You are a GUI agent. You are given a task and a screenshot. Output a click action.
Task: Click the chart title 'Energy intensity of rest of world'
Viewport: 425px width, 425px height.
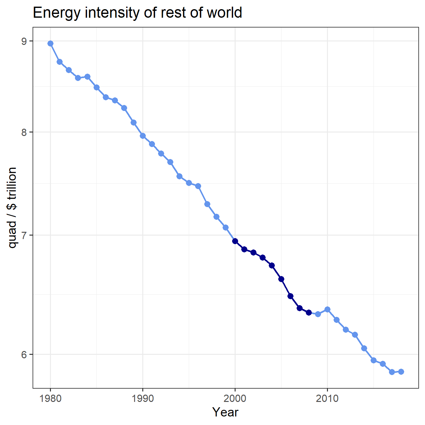[x=137, y=13]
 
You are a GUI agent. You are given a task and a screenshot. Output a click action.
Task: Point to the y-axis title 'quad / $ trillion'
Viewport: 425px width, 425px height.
[x=12, y=208]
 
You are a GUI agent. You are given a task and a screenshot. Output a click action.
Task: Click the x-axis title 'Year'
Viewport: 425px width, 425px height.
[x=225, y=412]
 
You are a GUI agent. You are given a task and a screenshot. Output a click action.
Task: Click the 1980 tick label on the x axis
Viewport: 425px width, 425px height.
[x=50, y=398]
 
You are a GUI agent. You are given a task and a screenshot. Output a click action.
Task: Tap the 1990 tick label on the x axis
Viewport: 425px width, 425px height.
[x=143, y=398]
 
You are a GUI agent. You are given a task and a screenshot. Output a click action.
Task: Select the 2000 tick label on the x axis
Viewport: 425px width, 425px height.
[x=235, y=398]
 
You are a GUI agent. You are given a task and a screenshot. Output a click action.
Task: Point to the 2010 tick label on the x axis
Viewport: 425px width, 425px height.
[x=327, y=398]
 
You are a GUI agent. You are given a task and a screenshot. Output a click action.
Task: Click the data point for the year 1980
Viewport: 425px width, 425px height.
[x=50, y=43]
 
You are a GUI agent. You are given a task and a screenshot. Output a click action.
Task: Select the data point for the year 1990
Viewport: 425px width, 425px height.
[x=143, y=136]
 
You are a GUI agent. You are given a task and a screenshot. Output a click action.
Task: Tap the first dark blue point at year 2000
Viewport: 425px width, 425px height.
[x=235, y=241]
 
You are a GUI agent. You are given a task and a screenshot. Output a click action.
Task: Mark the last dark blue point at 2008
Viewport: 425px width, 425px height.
[x=309, y=312]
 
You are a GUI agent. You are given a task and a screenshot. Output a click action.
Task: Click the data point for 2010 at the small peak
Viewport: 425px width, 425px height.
[x=327, y=309]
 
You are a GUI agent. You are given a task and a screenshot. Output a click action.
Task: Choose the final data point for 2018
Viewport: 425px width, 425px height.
[x=401, y=372]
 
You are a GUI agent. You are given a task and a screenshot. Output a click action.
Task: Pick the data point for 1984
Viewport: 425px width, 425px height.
[x=87, y=77]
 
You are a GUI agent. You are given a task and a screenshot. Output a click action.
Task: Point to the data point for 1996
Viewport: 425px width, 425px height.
[x=198, y=186]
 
